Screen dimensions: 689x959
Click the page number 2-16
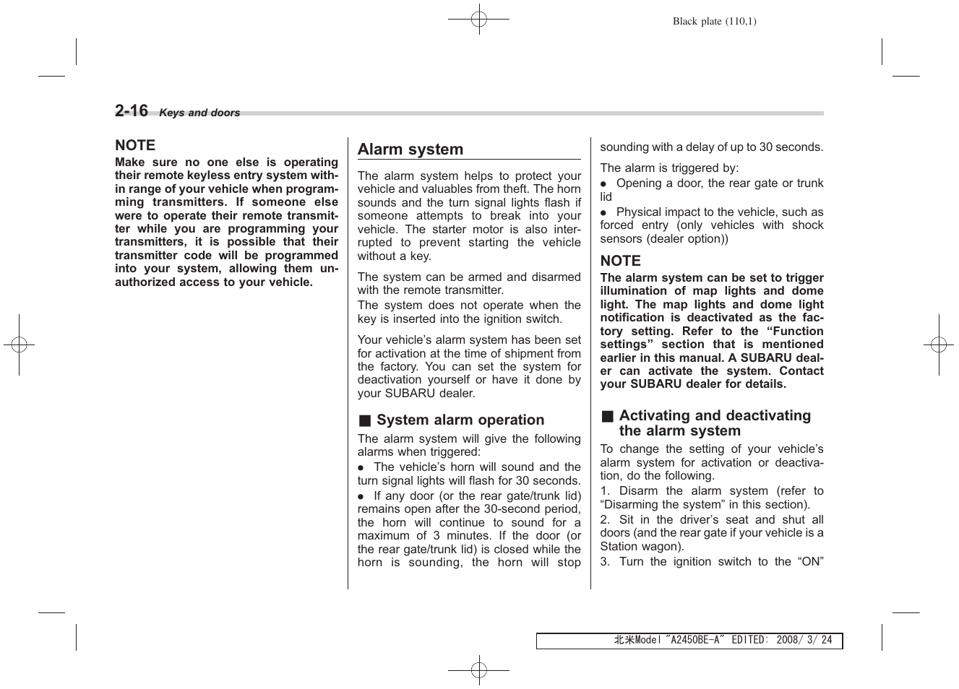tap(131, 110)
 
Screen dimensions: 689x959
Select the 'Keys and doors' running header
tap(199, 113)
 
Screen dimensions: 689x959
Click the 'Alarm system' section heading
tap(410, 149)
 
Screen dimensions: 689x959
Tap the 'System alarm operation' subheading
tap(460, 420)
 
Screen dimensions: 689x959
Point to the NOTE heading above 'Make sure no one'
tap(135, 145)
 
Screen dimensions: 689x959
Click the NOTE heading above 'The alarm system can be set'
tap(620, 261)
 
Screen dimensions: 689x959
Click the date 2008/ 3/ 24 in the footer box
tap(804, 641)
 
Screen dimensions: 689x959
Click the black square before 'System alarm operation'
tap(365, 421)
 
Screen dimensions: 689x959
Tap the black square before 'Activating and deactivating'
tap(608, 416)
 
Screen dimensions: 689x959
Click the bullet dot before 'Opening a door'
tap(603, 184)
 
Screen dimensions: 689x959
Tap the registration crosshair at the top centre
tap(478, 19)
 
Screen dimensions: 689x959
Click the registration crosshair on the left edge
tap(20, 345)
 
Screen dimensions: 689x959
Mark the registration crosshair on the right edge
tap(938, 345)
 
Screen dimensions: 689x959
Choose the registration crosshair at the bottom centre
tap(478, 670)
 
